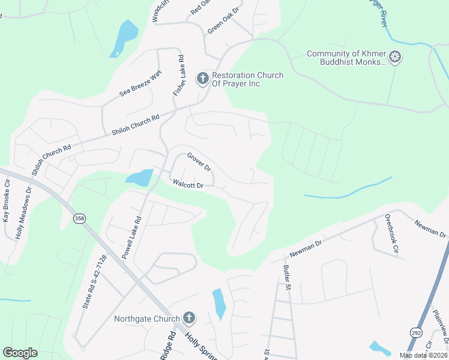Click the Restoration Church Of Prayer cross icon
203,78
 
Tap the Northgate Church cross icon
189,317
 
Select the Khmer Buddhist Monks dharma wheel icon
395,58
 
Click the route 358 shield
79,218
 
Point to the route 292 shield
415,332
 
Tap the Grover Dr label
199,162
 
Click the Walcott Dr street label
188,185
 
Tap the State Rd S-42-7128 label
94,282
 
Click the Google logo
20,353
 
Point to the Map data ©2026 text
423,355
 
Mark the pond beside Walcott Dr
139,177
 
